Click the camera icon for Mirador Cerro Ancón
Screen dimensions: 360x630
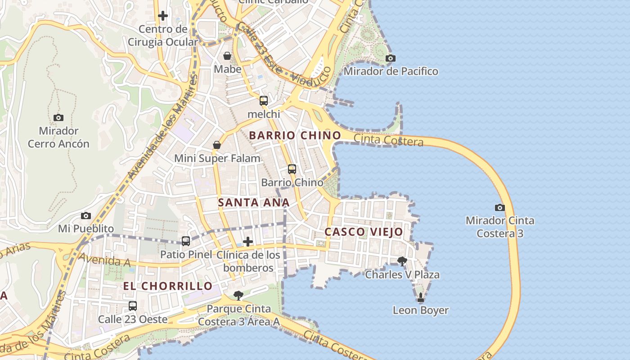click(x=58, y=118)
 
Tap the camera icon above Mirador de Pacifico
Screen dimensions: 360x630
click(x=391, y=58)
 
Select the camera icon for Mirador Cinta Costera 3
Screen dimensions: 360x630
click(x=499, y=207)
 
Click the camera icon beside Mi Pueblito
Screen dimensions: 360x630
click(x=86, y=216)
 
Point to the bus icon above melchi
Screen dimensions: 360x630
click(x=264, y=101)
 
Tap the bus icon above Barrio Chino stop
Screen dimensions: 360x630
click(x=292, y=169)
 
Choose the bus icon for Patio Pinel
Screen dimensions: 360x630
click(x=186, y=241)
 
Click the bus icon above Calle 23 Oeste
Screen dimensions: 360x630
click(x=133, y=306)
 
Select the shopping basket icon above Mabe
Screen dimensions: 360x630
click(x=227, y=56)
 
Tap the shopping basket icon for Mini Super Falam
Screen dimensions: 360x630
click(x=217, y=145)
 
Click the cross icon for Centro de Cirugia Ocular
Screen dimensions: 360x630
click(x=163, y=16)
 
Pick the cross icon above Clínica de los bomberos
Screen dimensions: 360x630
click(x=247, y=242)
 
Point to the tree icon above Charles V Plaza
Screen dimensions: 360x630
click(x=402, y=261)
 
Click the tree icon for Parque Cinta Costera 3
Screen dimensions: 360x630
click(x=238, y=295)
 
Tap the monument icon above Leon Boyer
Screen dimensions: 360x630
click(x=421, y=297)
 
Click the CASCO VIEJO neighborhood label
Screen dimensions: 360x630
click(x=364, y=232)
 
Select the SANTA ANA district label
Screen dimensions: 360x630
click(x=254, y=202)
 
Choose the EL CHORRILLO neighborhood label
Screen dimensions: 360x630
click(x=168, y=286)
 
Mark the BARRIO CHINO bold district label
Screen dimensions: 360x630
click(x=295, y=135)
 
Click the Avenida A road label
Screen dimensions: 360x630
click(x=100, y=260)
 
